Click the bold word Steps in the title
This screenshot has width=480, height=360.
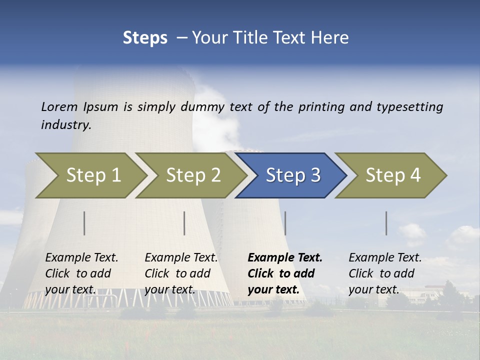[x=145, y=38]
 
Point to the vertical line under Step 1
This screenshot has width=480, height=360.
[x=84, y=223]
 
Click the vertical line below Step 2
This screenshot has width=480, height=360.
[x=184, y=223]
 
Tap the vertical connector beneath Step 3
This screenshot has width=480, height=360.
[x=285, y=223]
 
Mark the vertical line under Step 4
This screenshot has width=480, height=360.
[x=386, y=223]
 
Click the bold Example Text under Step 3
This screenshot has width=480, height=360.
[x=285, y=258]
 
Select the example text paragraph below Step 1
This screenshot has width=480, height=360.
[x=81, y=273]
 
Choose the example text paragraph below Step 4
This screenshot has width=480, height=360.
[x=385, y=273]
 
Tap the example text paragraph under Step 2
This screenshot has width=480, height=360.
[x=181, y=273]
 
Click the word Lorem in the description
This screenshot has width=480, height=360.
[x=59, y=106]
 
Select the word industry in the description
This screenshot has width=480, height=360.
[x=66, y=125]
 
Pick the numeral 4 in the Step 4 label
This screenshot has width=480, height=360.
[x=414, y=175]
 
